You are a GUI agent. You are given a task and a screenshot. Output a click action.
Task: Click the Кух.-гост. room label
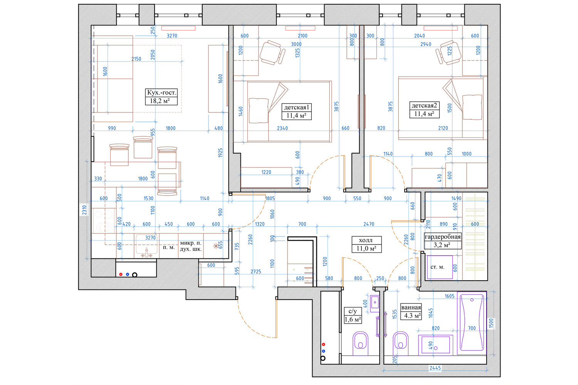click(x=161, y=92)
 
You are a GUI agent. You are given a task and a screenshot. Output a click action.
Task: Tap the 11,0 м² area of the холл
click(x=366, y=248)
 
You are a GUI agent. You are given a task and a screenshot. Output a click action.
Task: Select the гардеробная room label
click(x=443, y=237)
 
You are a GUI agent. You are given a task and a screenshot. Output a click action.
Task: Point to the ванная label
click(x=411, y=307)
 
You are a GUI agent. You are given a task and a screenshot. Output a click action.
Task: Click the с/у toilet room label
click(x=353, y=311)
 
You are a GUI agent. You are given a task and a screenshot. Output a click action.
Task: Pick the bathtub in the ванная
click(x=472, y=323)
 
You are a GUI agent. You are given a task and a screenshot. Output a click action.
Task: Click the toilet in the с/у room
click(x=360, y=343)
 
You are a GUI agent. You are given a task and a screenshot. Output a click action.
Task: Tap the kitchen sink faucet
click(x=146, y=253)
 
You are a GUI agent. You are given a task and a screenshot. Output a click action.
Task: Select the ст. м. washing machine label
click(x=437, y=267)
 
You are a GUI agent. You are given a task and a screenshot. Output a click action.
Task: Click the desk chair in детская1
click(x=272, y=53)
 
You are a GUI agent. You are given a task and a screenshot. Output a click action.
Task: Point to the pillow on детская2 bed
click(x=472, y=107)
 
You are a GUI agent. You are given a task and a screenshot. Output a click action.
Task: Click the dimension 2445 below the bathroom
click(x=435, y=368)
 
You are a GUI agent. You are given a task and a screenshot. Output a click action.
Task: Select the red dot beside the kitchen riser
click(x=121, y=274)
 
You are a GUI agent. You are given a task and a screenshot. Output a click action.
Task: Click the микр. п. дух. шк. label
click(x=191, y=246)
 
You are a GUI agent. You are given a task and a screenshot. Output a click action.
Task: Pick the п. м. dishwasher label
click(x=169, y=247)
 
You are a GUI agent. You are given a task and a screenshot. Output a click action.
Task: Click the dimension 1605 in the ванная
click(x=450, y=296)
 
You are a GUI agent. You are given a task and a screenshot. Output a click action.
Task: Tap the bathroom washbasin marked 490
click(x=435, y=345)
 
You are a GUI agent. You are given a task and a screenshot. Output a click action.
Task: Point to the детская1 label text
click(x=296, y=107)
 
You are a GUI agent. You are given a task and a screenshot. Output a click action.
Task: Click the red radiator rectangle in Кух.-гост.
click(x=178, y=28)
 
